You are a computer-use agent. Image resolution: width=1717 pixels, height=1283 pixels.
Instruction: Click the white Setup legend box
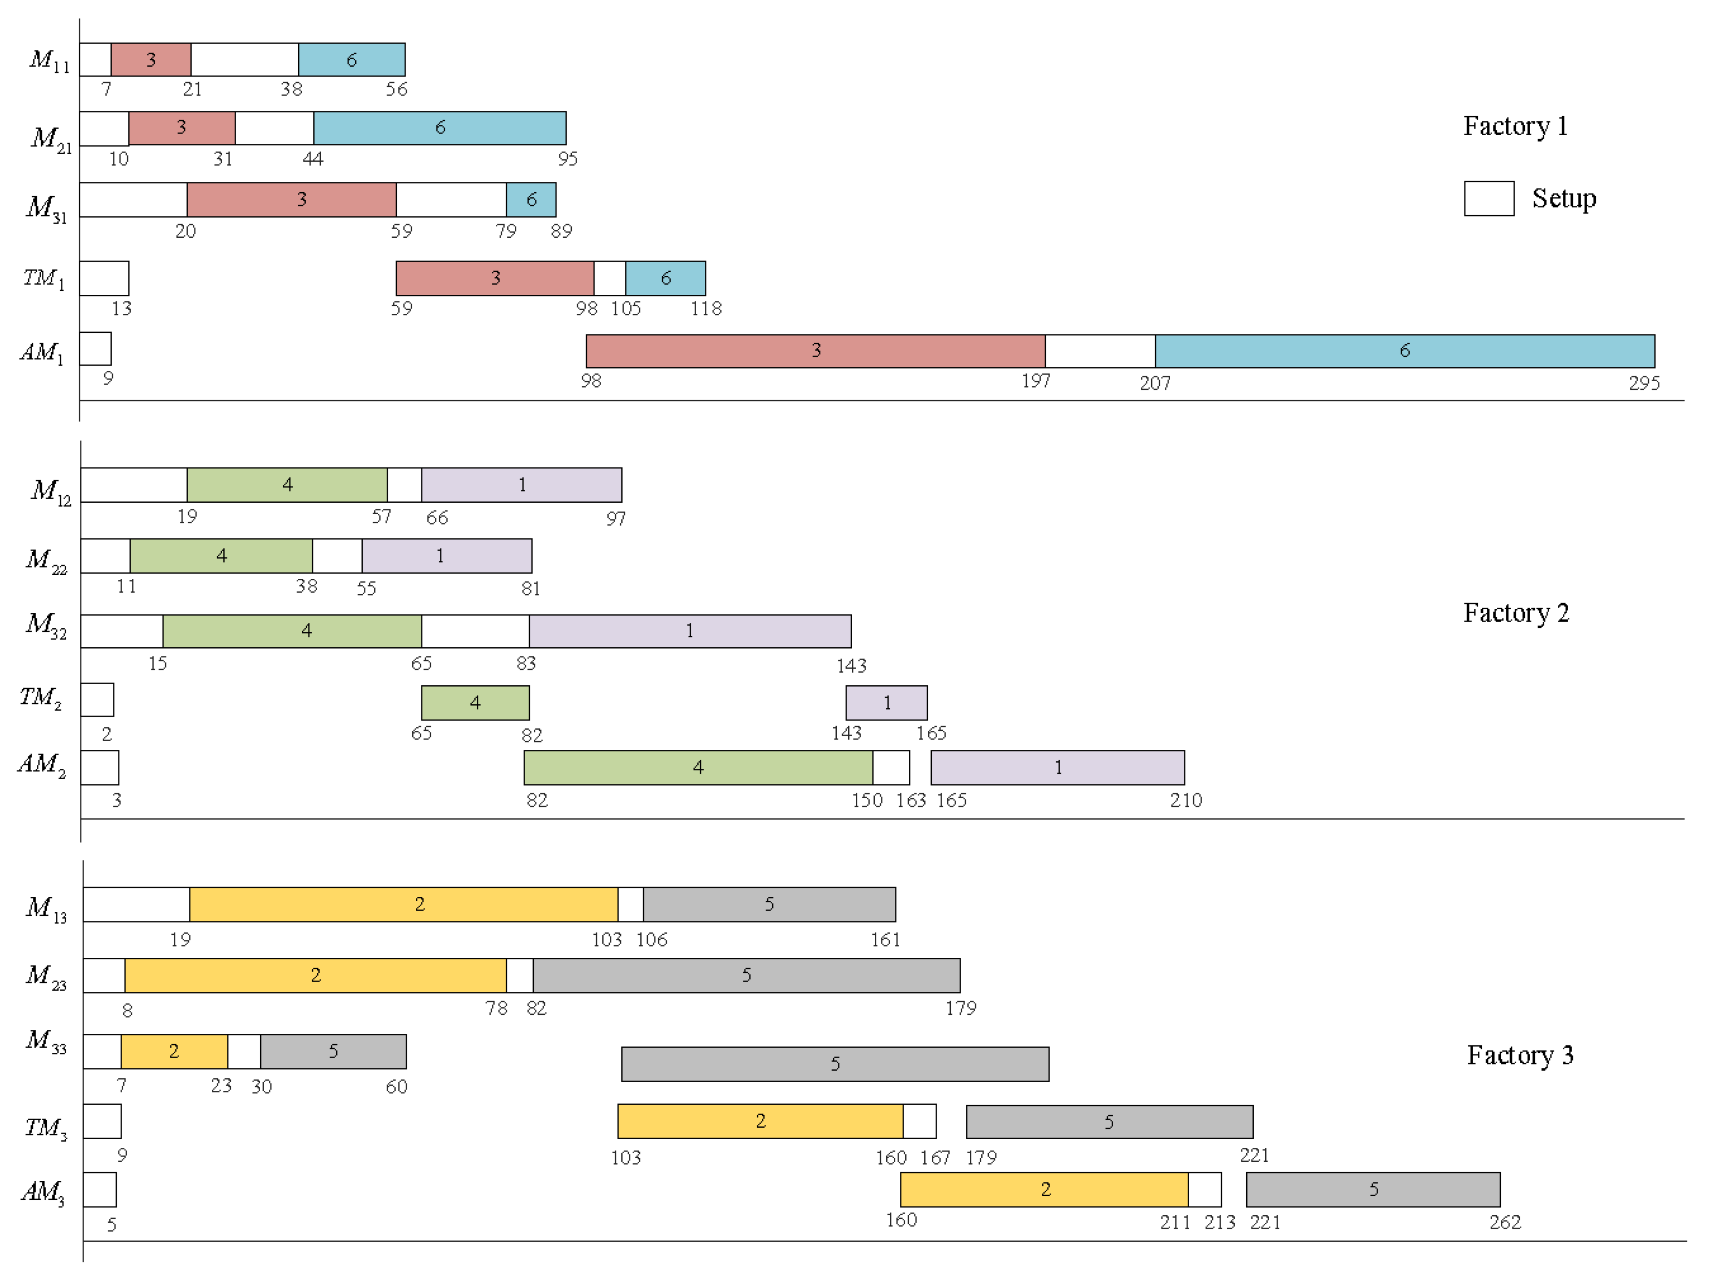[x=1488, y=199]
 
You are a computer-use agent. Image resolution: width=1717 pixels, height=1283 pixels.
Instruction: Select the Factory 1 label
[x=1514, y=126]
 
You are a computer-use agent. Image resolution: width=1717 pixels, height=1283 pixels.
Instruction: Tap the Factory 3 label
[x=1519, y=1055]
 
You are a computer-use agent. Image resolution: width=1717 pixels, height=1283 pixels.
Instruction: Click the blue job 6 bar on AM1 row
[x=1404, y=351]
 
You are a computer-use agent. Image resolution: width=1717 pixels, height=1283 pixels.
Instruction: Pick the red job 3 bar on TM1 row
[x=495, y=278]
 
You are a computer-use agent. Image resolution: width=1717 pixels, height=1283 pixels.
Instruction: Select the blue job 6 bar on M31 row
[x=531, y=199]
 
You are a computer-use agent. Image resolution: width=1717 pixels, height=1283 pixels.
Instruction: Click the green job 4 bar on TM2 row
[x=475, y=703]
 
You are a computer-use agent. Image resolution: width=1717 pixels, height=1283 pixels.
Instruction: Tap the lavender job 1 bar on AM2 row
[x=1057, y=768]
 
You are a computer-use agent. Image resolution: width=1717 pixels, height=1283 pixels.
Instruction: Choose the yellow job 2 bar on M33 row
[x=174, y=1051]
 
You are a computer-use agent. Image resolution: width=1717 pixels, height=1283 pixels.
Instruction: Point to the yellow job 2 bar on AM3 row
[x=1044, y=1189]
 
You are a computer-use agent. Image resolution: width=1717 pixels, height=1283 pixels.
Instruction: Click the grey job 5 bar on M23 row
[x=746, y=975]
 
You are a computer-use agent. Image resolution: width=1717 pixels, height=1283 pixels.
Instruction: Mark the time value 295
[x=1643, y=383]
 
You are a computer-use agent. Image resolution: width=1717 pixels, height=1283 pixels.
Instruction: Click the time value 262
[x=1504, y=1222]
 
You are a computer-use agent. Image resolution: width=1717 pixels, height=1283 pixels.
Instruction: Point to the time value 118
[x=705, y=309]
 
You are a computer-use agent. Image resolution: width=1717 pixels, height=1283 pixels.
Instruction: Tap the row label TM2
[x=40, y=698]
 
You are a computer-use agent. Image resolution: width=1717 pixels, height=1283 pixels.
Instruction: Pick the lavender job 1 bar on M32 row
[x=689, y=631]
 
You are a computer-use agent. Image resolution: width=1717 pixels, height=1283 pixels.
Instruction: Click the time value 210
[x=1185, y=800]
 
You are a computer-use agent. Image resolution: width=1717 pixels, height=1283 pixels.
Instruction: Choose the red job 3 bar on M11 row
[x=150, y=60]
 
